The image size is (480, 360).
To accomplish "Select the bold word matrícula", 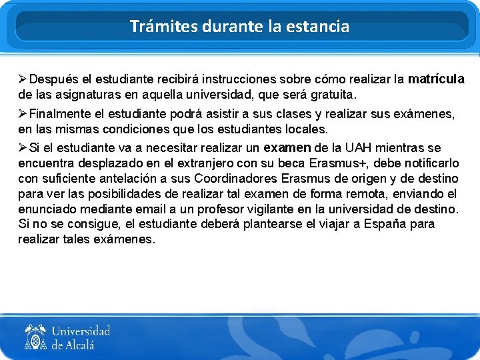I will click(x=436, y=79).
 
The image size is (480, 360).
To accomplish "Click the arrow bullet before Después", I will click(x=23, y=79).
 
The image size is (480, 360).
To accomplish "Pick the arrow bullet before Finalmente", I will click(x=23, y=114).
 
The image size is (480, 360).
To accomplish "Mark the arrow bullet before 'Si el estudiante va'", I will click(x=23, y=148).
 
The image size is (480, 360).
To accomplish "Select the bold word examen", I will click(x=287, y=148).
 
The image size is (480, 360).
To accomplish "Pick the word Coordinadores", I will click(x=237, y=179).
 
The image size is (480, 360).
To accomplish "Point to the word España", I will click(x=381, y=225).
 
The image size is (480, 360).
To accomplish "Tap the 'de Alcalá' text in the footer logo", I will click(x=73, y=345).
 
